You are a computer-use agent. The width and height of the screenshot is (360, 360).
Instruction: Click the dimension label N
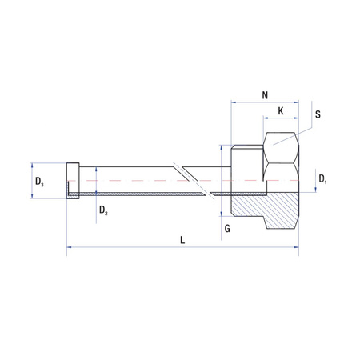pos(264,95)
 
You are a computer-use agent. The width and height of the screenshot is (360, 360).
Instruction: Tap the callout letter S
pos(318,114)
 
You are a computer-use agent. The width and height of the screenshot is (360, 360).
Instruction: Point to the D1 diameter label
pos(322,178)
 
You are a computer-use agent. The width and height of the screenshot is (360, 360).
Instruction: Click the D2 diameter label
pos(102,210)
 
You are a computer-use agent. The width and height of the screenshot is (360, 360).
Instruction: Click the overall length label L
pos(182,239)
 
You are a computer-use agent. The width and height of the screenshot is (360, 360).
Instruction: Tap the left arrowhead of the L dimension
pos(70,248)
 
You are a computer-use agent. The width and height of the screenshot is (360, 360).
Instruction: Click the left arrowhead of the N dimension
pos(234,102)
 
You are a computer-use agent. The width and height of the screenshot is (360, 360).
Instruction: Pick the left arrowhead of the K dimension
pos(266,118)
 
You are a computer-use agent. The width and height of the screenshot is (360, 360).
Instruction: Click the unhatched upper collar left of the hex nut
pos(246,164)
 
